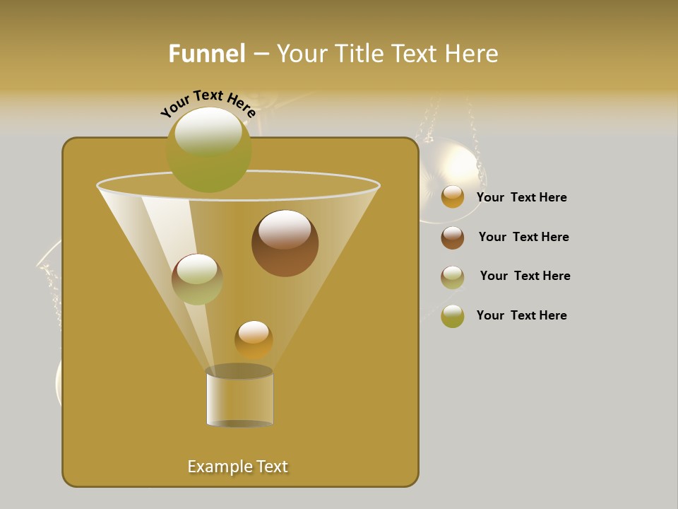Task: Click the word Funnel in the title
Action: (206, 54)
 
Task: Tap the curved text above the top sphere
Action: (207, 103)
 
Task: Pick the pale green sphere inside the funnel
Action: (197, 280)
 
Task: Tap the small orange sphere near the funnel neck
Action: (254, 340)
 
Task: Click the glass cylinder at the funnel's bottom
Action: (239, 399)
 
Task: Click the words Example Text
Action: (238, 467)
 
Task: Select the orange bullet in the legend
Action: (453, 197)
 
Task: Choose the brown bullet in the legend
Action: (453, 238)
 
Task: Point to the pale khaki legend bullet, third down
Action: (453, 277)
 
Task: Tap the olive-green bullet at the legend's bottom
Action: (453, 316)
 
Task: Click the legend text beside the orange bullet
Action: (521, 197)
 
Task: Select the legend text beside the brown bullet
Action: (523, 237)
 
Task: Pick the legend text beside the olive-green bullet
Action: (521, 315)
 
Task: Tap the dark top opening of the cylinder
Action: (239, 371)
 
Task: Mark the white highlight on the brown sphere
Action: (284, 229)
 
